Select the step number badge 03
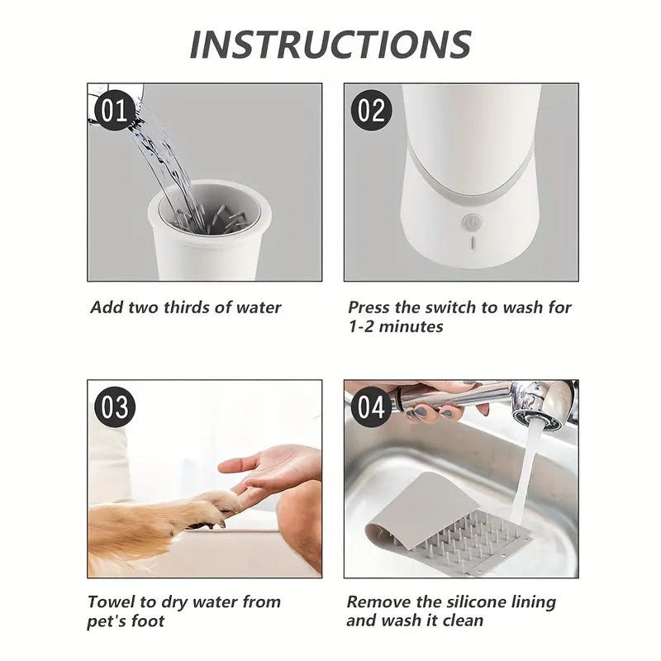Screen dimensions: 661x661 114,407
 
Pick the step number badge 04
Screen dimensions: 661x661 371,407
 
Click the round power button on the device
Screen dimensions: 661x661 471,221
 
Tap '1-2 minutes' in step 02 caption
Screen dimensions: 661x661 395,327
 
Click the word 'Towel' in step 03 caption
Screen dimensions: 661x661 112,602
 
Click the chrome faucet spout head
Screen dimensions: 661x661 537,405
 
